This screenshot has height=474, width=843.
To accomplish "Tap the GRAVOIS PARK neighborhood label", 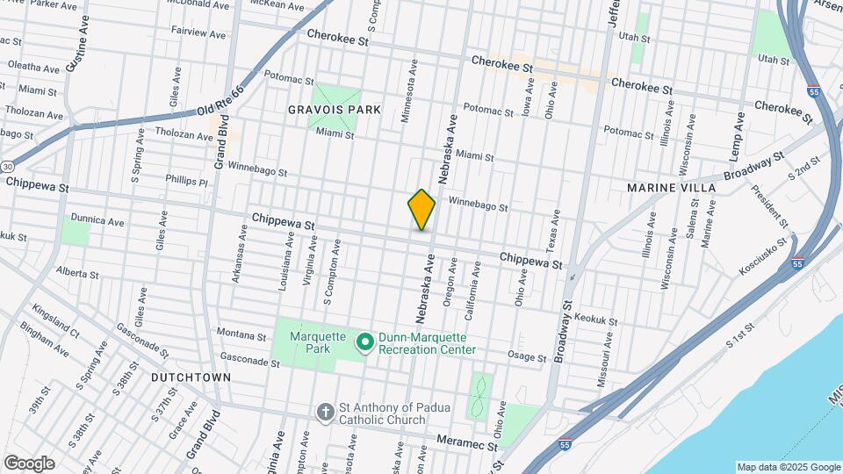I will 335,110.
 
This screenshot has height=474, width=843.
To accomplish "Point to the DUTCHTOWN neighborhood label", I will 191,377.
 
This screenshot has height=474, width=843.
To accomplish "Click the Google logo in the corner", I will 29,463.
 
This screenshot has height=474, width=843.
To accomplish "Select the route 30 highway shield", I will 7,166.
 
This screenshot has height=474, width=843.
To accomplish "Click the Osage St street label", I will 527,355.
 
